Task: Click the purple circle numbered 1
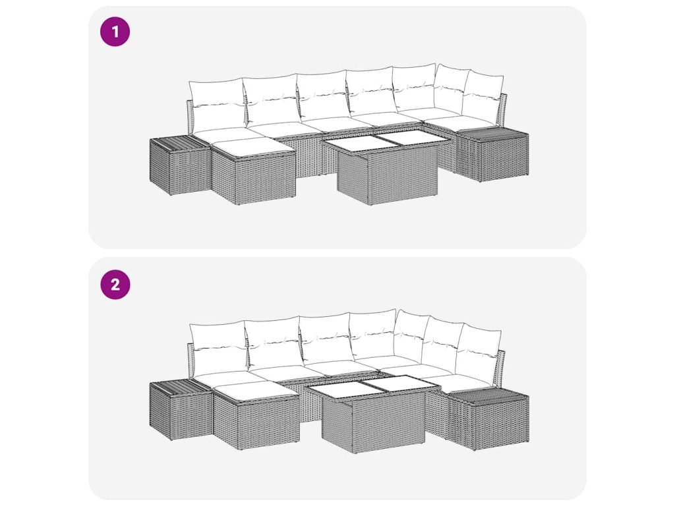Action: coord(115,32)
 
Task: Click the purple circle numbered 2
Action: coord(115,285)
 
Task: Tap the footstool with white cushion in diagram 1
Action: coord(253,171)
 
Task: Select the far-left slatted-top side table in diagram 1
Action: coord(180,165)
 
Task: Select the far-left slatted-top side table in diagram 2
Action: coord(181,410)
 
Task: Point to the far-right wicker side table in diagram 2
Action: coord(488,418)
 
